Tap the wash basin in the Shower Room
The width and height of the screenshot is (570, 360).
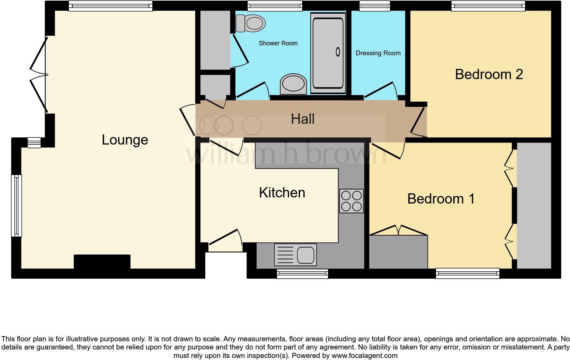[293, 84]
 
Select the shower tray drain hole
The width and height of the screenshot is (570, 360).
[338, 52]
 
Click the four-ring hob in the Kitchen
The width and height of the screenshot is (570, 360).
[351, 201]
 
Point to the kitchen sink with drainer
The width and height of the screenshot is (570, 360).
[296, 255]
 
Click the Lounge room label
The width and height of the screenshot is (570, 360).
[125, 140]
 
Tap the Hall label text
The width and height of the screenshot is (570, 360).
[302, 119]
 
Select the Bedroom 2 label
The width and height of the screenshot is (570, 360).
[489, 74]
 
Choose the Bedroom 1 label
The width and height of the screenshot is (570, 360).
[441, 199]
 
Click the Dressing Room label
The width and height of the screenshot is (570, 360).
[378, 53]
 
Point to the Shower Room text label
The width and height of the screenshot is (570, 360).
[278, 43]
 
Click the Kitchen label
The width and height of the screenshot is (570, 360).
[282, 193]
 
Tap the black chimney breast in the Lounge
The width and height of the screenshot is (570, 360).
[102, 261]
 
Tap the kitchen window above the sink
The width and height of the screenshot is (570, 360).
[302, 273]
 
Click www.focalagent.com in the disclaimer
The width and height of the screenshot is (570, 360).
[364, 356]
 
